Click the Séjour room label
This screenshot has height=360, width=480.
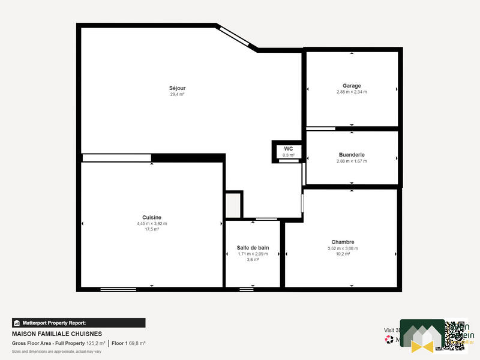177,88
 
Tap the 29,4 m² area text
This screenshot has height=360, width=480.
177,94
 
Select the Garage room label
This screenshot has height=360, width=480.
352,86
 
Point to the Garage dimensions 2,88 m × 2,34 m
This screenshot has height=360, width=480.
352,92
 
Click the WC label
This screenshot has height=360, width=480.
289,148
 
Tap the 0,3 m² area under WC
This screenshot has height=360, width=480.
289,155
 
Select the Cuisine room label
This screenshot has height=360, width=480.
152,217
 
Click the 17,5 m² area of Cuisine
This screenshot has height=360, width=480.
152,229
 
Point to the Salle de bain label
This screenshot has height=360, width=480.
253,247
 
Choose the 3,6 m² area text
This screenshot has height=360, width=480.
253,260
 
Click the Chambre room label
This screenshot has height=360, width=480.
342,242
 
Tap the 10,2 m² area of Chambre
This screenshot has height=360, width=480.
342,254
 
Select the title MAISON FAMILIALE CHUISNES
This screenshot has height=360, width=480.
57,334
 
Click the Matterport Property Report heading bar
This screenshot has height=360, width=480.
79,322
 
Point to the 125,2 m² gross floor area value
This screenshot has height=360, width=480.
95,343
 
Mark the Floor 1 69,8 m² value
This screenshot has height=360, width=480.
128,343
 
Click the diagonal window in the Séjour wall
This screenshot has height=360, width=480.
236,37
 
